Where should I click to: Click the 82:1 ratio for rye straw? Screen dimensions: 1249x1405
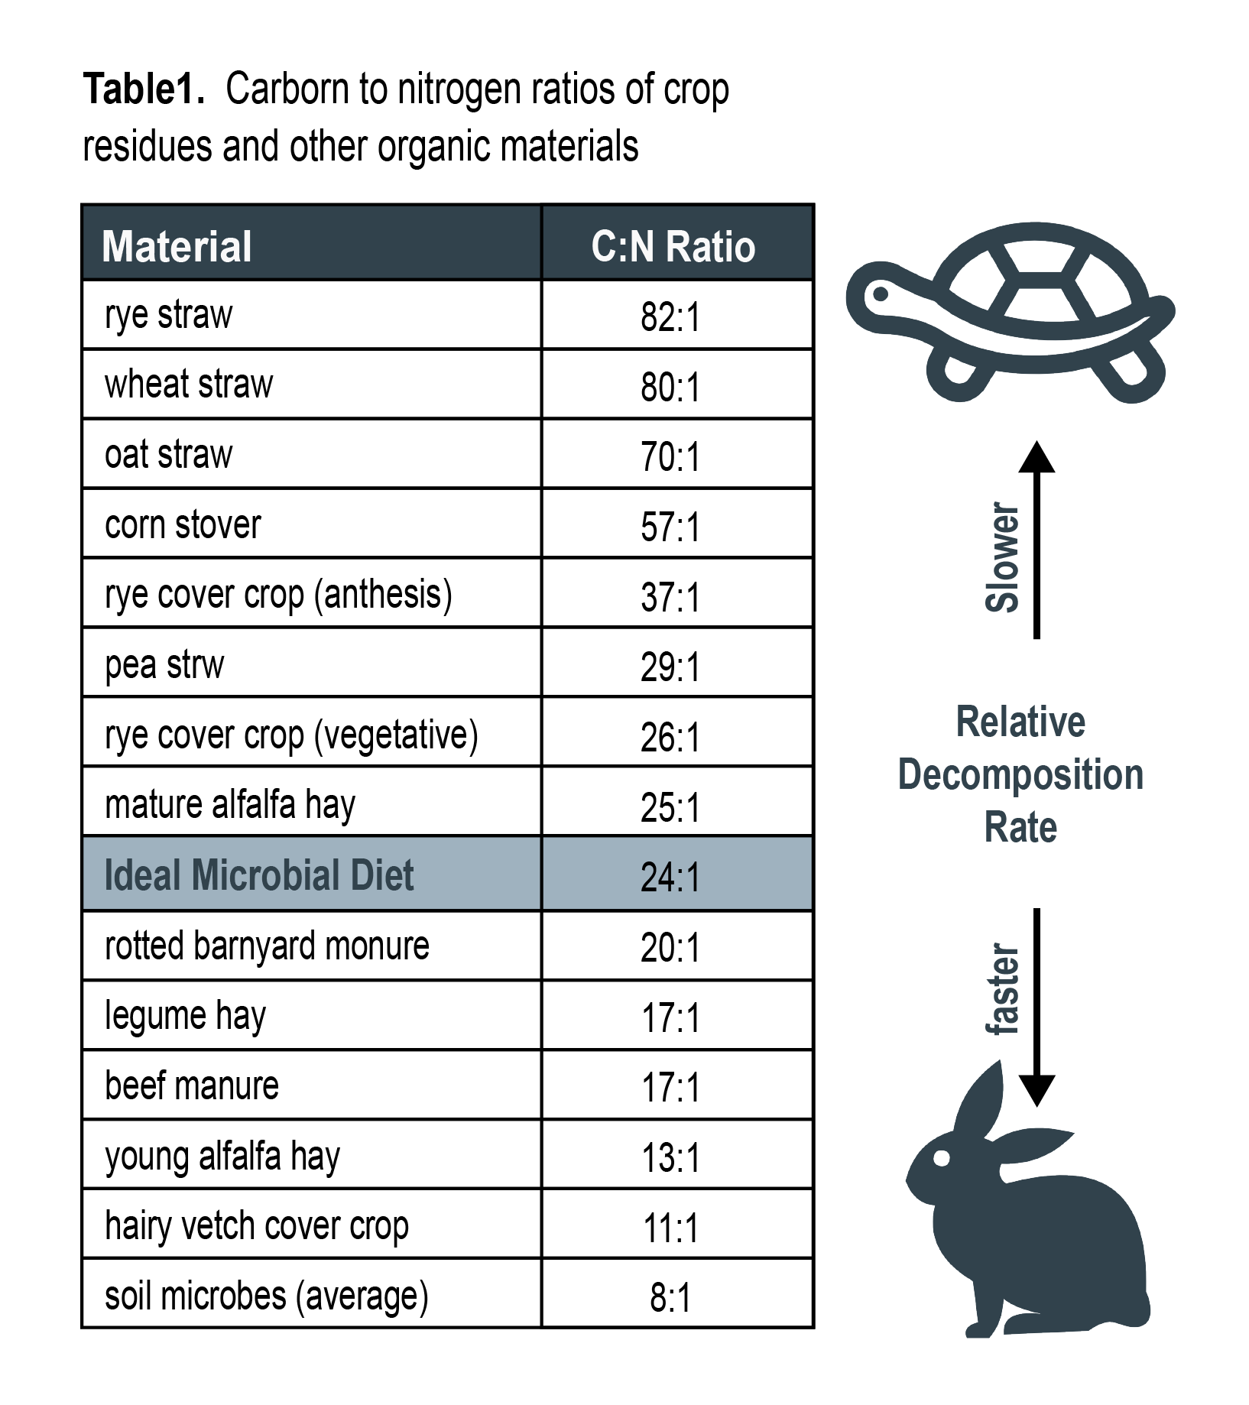[670, 316]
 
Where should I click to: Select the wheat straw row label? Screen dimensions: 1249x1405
[189, 384]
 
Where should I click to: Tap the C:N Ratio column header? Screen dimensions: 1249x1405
[673, 246]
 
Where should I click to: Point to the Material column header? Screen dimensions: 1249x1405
[177, 246]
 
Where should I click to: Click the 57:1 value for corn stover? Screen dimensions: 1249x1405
[670, 527]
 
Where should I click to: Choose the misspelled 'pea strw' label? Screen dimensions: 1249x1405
[164, 665]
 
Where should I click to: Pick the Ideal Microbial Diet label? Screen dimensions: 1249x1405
[258, 875]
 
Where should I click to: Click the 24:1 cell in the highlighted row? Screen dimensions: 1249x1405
[670, 877]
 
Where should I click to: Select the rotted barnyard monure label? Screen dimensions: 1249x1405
[267, 946]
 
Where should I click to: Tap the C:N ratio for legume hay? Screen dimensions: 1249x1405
[670, 1017]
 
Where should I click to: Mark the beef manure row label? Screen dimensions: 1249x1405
[192, 1085]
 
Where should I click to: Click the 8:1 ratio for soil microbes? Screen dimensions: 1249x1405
[670, 1297]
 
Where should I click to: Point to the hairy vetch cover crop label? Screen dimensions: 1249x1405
[257, 1226]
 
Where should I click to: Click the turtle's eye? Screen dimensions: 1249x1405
[881, 294]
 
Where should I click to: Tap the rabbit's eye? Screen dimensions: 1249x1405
[942, 1157]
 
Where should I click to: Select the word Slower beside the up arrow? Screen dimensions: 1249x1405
[1002, 557]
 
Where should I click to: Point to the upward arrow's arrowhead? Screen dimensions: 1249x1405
[1037, 457]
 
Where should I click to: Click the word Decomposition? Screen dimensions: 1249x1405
[1020, 775]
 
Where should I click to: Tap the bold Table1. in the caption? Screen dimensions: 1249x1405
[144, 89]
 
